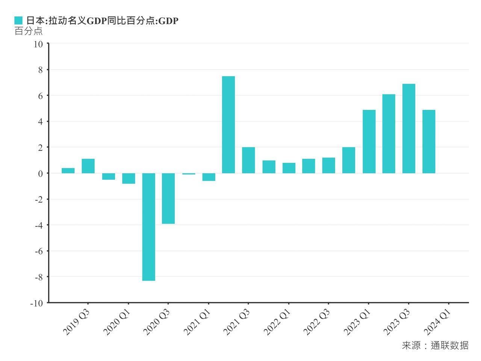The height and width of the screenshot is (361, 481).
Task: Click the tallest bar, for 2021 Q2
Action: [228, 125]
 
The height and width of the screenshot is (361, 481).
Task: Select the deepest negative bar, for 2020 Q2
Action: [148, 227]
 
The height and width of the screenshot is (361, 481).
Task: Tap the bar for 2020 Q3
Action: [168, 199]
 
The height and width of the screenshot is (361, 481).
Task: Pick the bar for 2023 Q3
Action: [409, 129]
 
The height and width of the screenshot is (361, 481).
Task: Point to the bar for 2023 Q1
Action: [369, 141]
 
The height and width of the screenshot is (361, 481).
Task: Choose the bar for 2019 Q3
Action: [88, 166]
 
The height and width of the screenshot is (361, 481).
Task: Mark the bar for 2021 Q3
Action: [248, 160]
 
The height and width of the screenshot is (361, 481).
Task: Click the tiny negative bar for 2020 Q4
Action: [189, 174]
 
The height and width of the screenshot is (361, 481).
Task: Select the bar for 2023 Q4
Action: [429, 141]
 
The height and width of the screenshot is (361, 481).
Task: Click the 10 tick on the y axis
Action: [38, 44]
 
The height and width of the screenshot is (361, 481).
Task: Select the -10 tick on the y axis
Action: [37, 303]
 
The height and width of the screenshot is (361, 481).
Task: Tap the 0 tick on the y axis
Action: [41, 174]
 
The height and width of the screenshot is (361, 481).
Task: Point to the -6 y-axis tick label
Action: [38, 251]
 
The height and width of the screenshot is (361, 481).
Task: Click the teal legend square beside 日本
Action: [18, 21]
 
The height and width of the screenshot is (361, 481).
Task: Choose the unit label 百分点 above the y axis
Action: [29, 31]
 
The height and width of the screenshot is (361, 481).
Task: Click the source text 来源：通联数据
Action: [435, 345]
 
